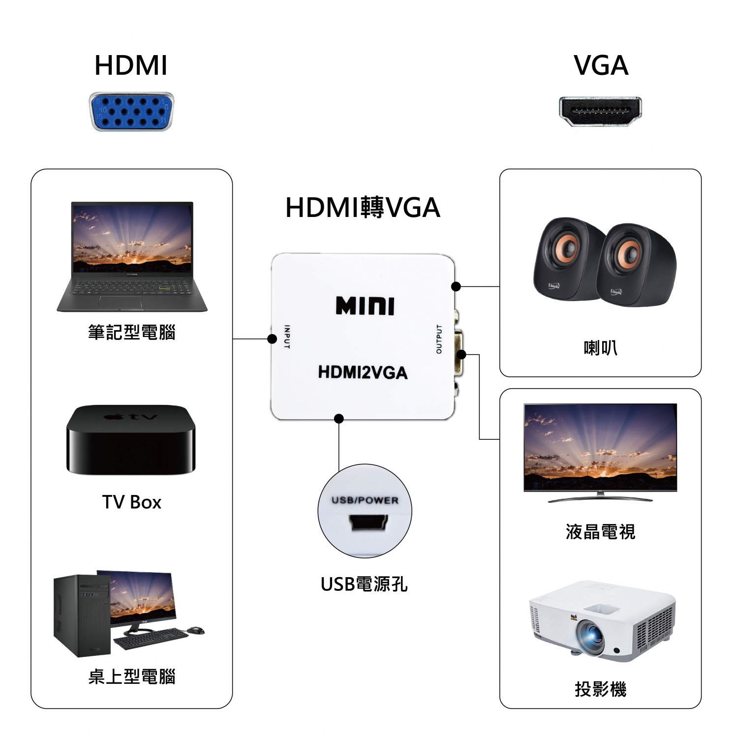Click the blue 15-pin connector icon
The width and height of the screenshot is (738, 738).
coord(131,112)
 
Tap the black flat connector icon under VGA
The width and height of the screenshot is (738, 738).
coord(600,112)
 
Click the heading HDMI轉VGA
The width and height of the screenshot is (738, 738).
coord(363,208)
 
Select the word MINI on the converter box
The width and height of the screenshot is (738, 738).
coord(365,306)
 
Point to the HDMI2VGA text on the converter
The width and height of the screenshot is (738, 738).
coord(363,372)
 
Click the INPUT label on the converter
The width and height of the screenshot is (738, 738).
coord(287,337)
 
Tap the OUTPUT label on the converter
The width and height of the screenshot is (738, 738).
coord(439,339)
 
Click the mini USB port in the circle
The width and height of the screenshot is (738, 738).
coord(369,523)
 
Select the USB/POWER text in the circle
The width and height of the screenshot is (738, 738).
coord(365,500)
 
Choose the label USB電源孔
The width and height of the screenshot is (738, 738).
coord(364,584)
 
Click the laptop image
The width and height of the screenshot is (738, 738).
coord(132,256)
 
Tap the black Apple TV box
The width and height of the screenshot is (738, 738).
coord(131,440)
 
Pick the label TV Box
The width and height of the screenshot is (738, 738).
coord(131,502)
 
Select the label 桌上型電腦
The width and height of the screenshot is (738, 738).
coord(132,677)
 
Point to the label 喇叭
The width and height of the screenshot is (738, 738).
coord(600,348)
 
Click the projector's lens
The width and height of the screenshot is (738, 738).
coord(590,636)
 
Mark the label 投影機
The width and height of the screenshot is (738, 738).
coord(600,689)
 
